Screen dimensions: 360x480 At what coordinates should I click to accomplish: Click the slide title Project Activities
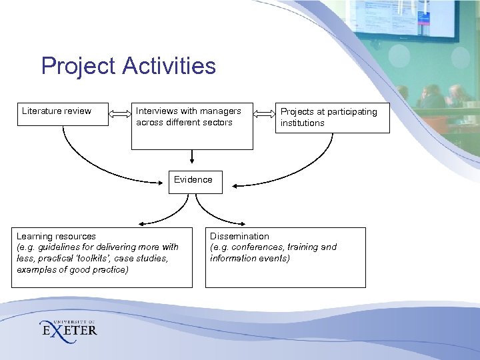click(128, 66)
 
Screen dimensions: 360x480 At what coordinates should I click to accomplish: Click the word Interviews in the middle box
click(157, 111)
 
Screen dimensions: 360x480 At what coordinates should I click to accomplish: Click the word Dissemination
click(239, 236)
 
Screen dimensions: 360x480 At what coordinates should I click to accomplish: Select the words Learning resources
click(56, 236)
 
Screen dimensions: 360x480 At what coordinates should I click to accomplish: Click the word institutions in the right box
click(302, 123)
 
